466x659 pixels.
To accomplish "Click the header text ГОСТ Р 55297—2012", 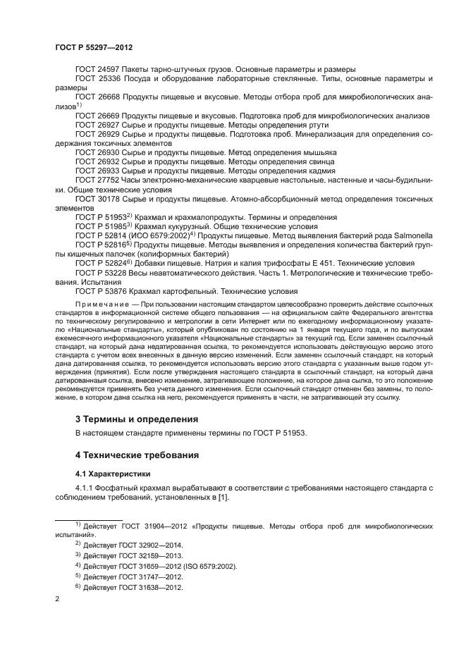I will (94, 47).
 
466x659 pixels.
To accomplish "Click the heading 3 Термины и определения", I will (128, 419).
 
